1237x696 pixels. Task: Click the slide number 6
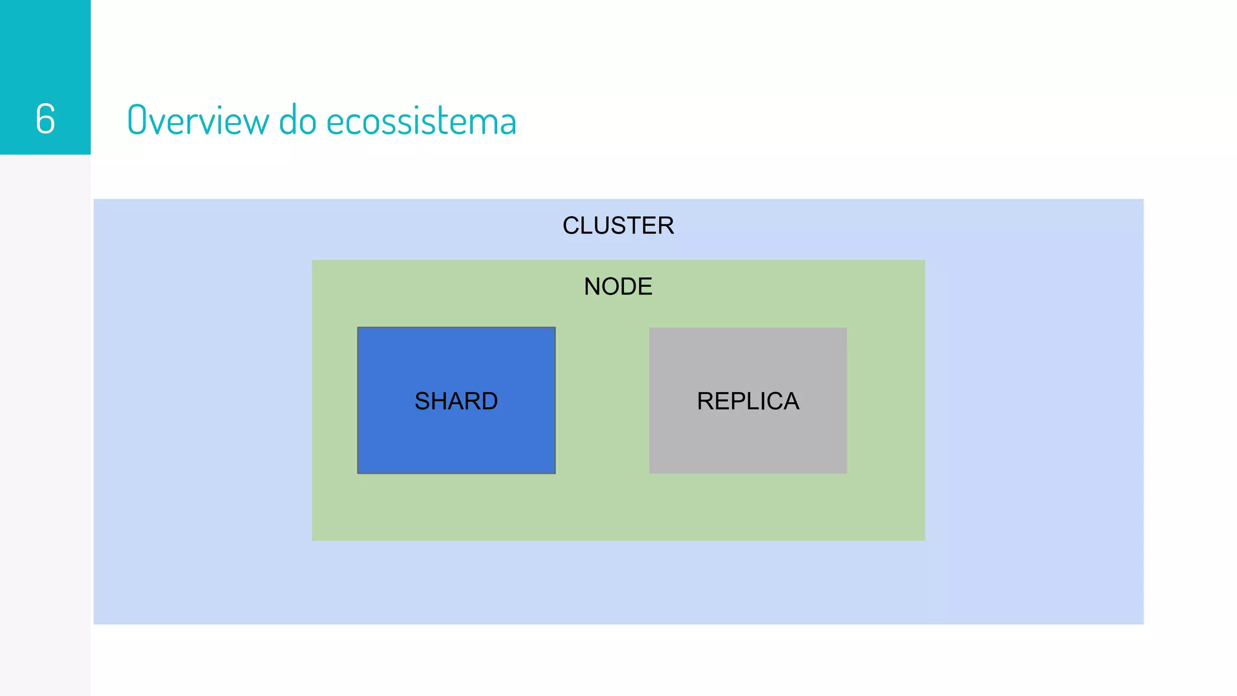(45, 118)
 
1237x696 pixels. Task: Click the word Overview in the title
(198, 120)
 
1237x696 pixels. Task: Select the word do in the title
(297, 120)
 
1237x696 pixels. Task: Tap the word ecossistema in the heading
(421, 120)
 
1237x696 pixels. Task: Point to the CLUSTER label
(618, 225)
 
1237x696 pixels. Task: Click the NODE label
(618, 286)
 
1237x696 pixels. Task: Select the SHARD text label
(456, 401)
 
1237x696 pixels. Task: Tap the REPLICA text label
(748, 401)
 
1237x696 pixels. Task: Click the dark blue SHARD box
(456, 441)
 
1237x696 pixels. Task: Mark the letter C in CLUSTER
(571, 225)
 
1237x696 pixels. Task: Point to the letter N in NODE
(593, 286)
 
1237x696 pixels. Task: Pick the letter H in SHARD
(439, 401)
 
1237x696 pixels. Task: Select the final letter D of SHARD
(489, 401)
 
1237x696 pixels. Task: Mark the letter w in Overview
(256, 121)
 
